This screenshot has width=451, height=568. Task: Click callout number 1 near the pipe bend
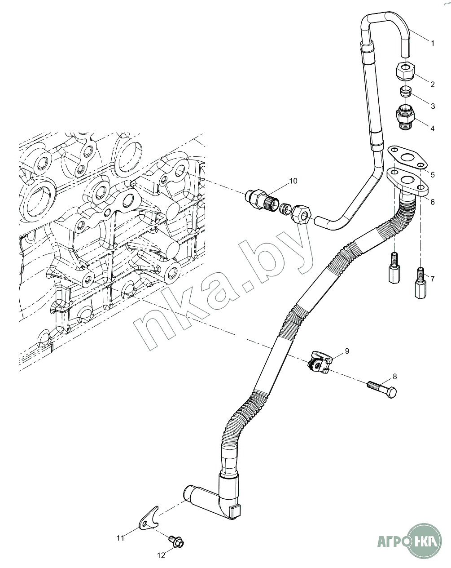point(432,44)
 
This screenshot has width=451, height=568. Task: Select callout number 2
point(432,84)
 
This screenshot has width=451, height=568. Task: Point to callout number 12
point(161,555)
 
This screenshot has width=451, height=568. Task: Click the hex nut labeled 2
point(405,71)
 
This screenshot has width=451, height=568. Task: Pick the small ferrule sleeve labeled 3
point(406,92)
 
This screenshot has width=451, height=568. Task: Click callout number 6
point(432,202)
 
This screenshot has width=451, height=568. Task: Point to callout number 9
point(347,350)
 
